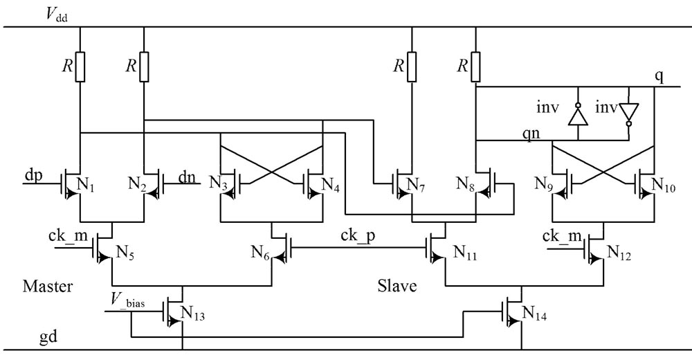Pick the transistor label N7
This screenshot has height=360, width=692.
tap(417, 185)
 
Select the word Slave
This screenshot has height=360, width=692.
tap(397, 285)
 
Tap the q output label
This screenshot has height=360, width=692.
tap(659, 77)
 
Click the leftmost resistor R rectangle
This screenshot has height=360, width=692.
tap(80, 66)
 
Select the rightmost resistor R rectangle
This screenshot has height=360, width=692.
tap(476, 66)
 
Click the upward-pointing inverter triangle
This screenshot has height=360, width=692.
tap(575, 114)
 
